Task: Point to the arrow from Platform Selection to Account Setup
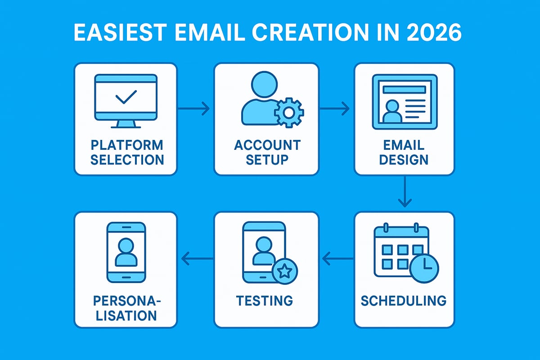click(x=194, y=108)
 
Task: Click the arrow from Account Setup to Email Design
click(x=334, y=108)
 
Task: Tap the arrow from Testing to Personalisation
click(x=198, y=258)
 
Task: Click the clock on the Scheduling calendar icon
click(x=424, y=268)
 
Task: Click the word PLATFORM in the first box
click(x=126, y=145)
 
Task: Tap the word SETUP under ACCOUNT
click(x=267, y=159)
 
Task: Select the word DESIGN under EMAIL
click(x=404, y=159)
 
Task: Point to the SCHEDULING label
click(x=404, y=300)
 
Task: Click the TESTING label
click(x=265, y=300)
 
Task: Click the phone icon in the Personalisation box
click(x=126, y=252)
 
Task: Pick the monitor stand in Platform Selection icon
click(x=126, y=123)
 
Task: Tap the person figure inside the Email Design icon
click(x=391, y=112)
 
